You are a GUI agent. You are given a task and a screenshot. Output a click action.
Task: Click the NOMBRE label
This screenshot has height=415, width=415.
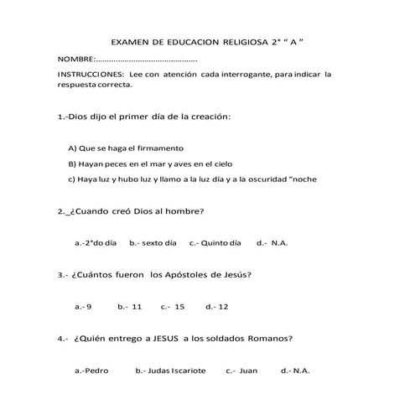pos(76,60)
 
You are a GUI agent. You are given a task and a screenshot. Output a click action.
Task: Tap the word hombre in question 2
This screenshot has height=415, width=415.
pos(188,211)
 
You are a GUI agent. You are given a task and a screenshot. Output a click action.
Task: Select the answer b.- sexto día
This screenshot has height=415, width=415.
pos(153,243)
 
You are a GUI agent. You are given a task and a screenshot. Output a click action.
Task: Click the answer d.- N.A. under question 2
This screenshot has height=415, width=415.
pos(272,243)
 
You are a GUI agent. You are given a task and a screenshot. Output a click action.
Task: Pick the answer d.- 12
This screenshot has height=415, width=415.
pos(216,307)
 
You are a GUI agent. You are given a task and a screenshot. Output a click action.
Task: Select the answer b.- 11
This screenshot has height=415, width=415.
pos(130,307)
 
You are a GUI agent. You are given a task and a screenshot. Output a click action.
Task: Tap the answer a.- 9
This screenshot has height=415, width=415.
pos(83,307)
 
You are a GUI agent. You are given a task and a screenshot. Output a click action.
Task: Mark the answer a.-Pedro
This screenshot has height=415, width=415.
pos(92,370)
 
